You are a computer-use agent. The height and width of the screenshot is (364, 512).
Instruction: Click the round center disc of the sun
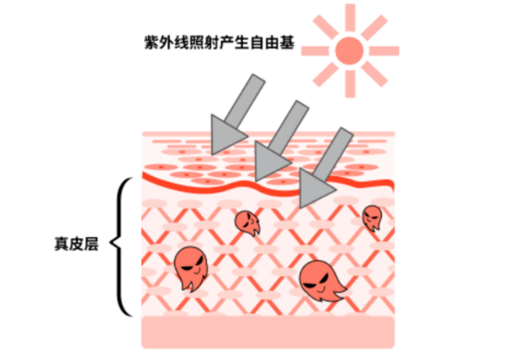349,51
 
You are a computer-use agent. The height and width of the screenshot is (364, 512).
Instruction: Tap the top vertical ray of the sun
350,18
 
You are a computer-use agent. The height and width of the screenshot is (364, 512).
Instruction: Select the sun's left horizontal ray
315,51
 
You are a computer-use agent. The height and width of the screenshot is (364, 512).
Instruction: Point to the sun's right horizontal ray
384,51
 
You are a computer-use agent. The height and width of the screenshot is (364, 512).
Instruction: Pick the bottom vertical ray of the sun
350,84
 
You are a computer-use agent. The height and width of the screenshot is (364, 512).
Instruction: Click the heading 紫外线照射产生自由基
219,43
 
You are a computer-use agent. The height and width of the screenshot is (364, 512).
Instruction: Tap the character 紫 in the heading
152,43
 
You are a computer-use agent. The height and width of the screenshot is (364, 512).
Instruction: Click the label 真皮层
76,244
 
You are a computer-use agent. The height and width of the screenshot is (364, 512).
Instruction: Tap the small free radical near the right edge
372,217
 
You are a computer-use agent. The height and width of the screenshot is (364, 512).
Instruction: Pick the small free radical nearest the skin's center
247,223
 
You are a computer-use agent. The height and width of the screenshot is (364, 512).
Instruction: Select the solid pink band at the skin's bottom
268,332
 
